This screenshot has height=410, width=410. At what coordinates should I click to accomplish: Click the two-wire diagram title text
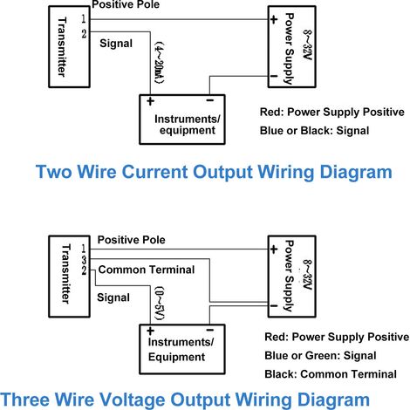pos(214,173)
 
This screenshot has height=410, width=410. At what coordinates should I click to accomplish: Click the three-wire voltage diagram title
pos(185,400)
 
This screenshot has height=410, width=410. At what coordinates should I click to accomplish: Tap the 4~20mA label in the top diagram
pos(159,64)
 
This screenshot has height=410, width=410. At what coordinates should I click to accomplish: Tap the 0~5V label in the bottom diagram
pos(160,304)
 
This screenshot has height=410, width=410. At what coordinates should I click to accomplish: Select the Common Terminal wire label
pos(147,270)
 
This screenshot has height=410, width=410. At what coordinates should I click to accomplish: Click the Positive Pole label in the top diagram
pos(126,4)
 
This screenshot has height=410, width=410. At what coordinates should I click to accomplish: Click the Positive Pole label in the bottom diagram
pos(131,240)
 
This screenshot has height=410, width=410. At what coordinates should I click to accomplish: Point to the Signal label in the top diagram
pos(116,44)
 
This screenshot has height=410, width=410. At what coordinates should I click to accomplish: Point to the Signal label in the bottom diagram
pos(113,297)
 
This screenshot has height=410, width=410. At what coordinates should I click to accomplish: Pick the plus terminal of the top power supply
pos(274,19)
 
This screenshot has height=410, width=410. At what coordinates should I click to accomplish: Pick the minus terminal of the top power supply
pos(274,76)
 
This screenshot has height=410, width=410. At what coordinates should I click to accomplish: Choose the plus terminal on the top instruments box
pos(150,101)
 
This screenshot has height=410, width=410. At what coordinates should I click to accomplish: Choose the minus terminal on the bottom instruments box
pos(210,330)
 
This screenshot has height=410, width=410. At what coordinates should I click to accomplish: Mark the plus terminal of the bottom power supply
pos(274,249)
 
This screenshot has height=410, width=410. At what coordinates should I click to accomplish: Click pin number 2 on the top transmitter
pos(84,34)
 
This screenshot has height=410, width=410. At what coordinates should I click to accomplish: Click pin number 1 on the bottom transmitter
pos(84,249)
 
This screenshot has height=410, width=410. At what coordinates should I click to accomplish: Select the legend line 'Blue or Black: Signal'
pos(314,131)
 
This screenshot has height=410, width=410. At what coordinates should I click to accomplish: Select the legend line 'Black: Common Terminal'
pos(331,374)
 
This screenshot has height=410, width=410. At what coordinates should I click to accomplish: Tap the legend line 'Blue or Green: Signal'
pos(320,356)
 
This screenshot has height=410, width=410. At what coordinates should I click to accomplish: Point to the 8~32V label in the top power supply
pos(307,45)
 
